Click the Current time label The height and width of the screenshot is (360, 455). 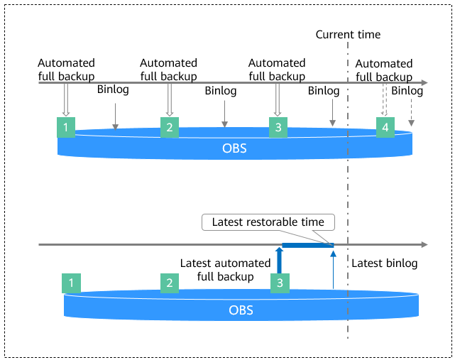pos(348,35)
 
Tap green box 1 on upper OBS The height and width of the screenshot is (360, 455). pos(66,127)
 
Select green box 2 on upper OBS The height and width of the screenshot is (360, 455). pos(170,127)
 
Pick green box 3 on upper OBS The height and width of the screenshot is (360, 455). pos(278,127)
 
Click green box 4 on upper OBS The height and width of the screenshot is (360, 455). pos(385,127)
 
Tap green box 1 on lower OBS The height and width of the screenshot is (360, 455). pos(71,283)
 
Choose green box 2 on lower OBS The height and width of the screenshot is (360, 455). pos(170,283)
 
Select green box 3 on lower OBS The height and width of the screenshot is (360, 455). pos(280,283)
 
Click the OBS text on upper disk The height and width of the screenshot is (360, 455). pos(234,148)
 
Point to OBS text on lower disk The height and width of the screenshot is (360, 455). pos(241,310)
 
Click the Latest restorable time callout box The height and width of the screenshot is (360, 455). pos(268,222)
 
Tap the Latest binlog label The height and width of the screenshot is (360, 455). pos(385,263)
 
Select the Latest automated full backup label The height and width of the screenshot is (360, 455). pos(226,270)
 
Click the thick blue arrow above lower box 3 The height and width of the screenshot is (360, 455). pos(279,261)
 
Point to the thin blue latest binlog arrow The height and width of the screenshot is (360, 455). pos(333,270)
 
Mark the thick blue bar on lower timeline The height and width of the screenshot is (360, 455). pos(308,245)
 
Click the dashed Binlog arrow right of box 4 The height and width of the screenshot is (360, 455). pos(411,113)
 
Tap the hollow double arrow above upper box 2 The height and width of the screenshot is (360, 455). pos(170,100)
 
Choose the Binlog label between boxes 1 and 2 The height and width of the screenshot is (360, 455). pos(113,89)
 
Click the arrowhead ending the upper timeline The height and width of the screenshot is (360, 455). pos(424,83)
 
